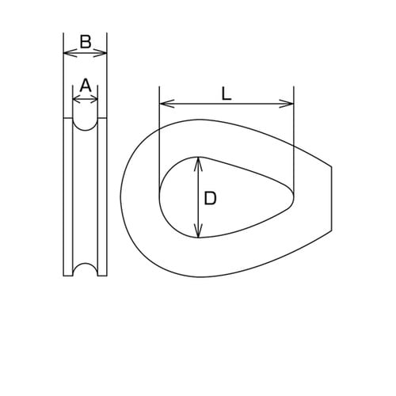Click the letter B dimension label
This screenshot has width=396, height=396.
85,42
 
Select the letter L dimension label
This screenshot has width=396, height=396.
226,93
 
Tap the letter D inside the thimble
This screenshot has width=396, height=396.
210,198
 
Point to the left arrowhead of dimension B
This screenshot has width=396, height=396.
67,54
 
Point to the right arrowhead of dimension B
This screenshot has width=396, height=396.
103,54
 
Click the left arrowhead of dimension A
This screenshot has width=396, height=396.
75,100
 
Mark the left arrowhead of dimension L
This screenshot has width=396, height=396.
163,104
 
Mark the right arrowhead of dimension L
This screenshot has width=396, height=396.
290,104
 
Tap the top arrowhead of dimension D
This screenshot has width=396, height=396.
199,161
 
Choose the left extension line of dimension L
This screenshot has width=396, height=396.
159,135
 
